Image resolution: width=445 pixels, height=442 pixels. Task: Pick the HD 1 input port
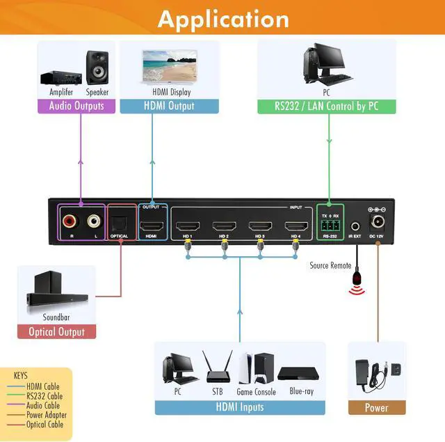point(187,226)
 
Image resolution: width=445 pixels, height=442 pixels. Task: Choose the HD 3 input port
point(260,226)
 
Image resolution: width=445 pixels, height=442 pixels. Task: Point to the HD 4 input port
point(296,226)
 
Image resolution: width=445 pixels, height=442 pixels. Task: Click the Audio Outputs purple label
point(76,106)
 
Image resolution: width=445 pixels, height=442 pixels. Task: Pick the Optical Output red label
point(56,332)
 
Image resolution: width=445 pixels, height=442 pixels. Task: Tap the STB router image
point(218,367)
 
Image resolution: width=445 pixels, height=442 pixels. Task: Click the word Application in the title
point(222,19)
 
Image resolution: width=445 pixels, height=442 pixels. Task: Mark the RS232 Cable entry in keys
point(44,395)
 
